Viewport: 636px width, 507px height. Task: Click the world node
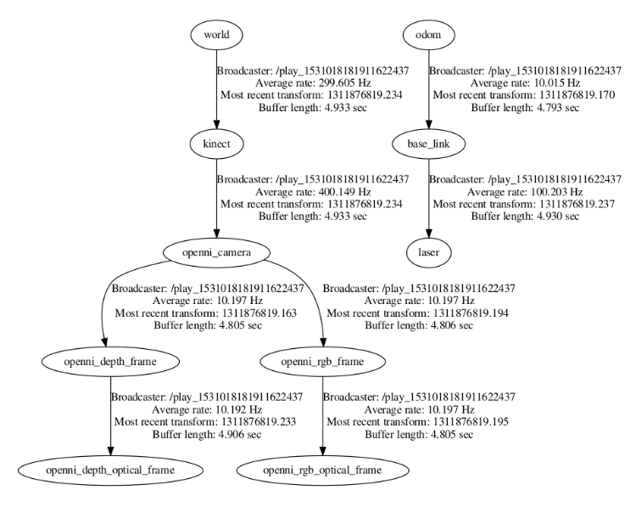[217, 35]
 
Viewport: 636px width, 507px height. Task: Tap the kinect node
[217, 144]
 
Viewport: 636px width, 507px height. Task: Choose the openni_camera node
[217, 252]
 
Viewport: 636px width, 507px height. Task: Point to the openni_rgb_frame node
[321, 363]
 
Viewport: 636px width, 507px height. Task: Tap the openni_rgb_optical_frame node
[321, 470]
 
